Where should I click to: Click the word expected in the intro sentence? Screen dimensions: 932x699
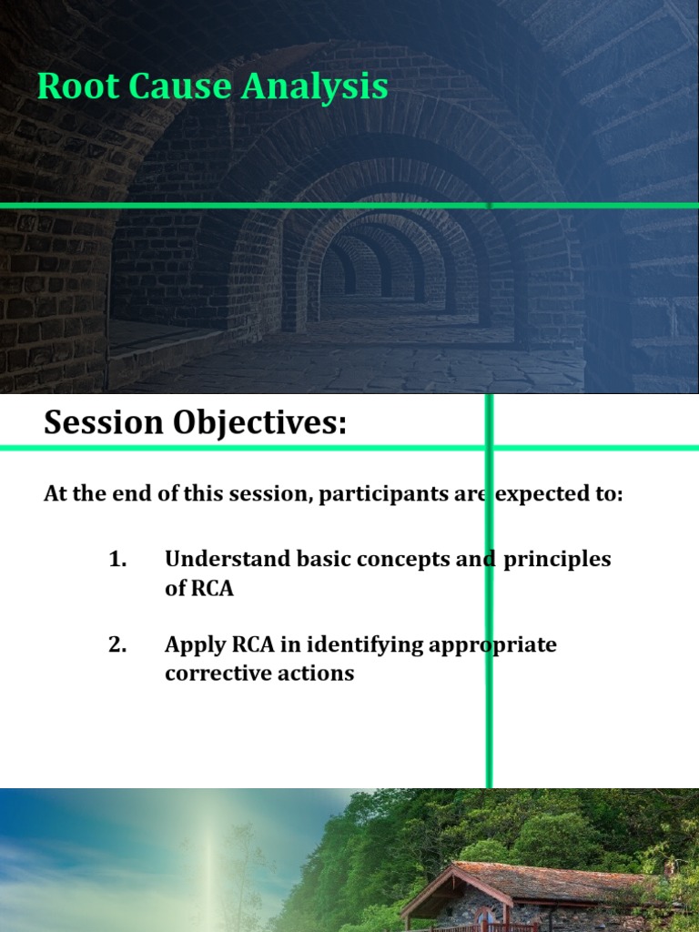(537, 494)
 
